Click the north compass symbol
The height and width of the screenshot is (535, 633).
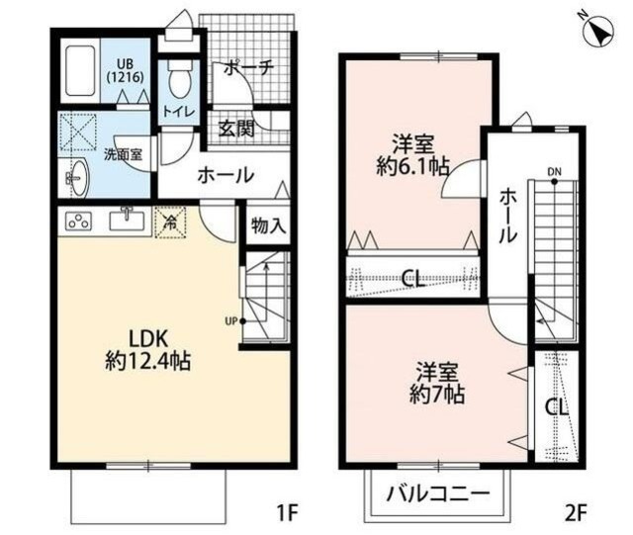596,33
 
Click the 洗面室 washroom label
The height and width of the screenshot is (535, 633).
124,154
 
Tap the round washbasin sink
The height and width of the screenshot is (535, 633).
76,179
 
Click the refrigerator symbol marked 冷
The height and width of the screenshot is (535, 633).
170,222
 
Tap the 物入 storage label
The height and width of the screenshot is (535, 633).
268,224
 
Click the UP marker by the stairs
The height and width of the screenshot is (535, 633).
231,319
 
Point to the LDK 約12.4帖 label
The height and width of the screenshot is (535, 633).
147,349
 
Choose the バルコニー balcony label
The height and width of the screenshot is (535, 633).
438,490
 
